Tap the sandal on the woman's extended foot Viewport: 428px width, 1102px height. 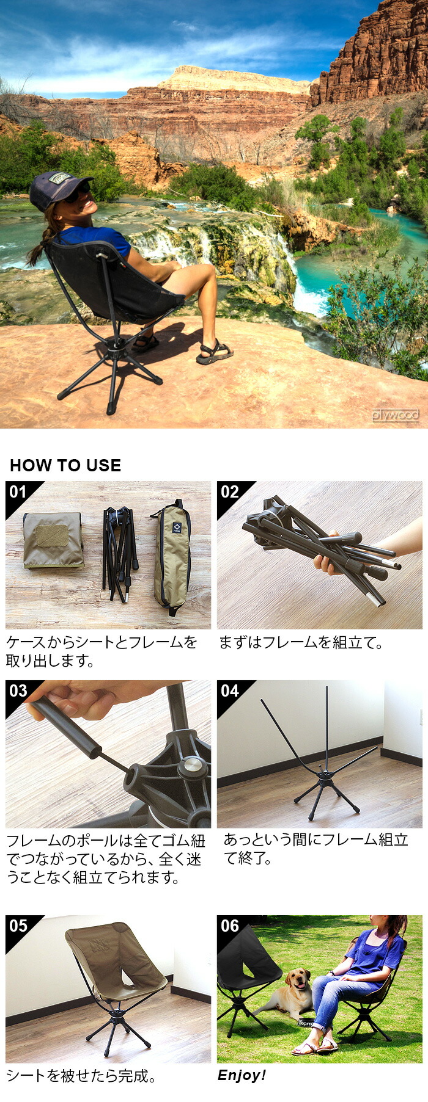pos(214,353)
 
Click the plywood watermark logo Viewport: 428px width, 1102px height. pos(396,415)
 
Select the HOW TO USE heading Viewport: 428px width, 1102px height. pos(65,465)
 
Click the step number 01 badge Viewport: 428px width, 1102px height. pos(18,493)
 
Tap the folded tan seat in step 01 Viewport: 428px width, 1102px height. pos(53,540)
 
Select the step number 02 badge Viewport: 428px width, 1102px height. pos(229,493)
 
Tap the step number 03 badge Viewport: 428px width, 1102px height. pos(18,691)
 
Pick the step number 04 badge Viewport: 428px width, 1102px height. pos(229,691)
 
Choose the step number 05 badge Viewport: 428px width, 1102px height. pos(18,926)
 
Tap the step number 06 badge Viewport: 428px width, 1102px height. pos(229,926)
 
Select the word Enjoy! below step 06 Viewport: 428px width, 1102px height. pos(242,1076)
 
